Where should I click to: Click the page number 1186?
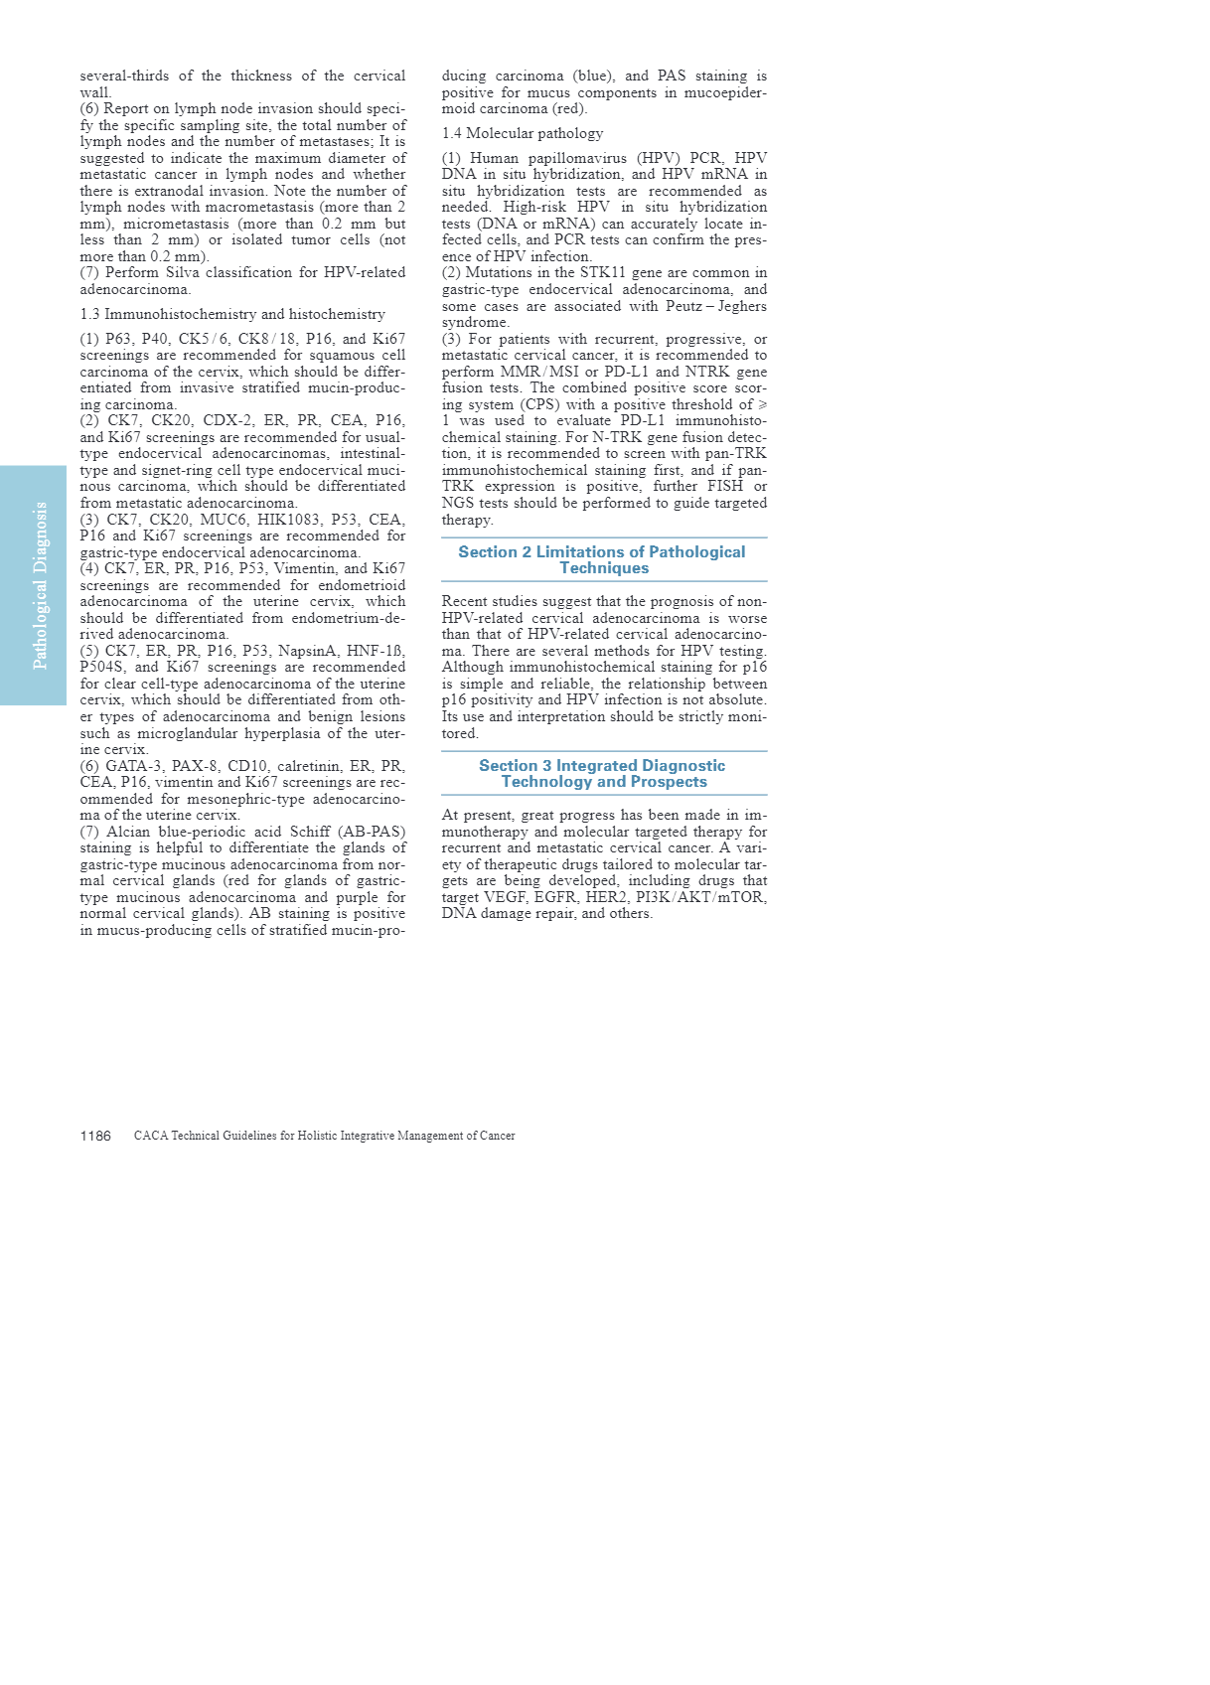[95, 1136]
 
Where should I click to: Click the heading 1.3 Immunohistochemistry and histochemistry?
[232, 314]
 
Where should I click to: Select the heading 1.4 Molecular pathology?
[522, 133]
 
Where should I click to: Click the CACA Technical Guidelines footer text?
[324, 1136]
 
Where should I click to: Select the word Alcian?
[128, 832]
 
